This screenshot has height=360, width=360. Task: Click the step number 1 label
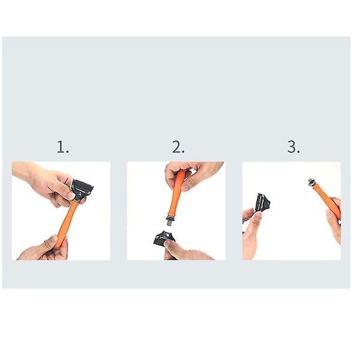coord(62,147)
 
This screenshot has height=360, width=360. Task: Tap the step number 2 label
coord(178,147)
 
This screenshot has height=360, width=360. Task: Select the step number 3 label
coord(293,147)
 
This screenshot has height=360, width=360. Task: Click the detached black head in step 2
coord(164,238)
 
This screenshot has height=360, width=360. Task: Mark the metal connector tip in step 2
coord(170,221)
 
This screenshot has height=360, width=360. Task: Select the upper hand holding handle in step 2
coord(193,175)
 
